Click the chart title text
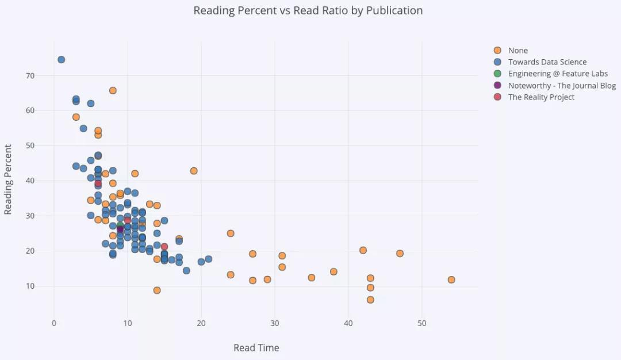[308, 10]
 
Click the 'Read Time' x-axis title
[256, 348]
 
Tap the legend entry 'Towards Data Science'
[547, 62]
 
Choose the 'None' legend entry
[517, 51]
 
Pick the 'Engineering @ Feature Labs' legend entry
[558, 74]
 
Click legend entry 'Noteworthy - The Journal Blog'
[562, 86]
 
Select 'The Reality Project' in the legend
[541, 97]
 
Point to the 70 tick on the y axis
[29, 76]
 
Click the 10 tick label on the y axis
[29, 286]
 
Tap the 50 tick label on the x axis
[421, 323]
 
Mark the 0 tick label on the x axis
[54, 323]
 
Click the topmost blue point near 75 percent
[61, 60]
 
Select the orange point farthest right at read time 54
[451, 279]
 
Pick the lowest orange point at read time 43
[370, 300]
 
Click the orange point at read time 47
[400, 254]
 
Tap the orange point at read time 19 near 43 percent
[194, 171]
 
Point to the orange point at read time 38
[333, 271]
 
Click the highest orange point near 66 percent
[113, 90]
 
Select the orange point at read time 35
[312, 278]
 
